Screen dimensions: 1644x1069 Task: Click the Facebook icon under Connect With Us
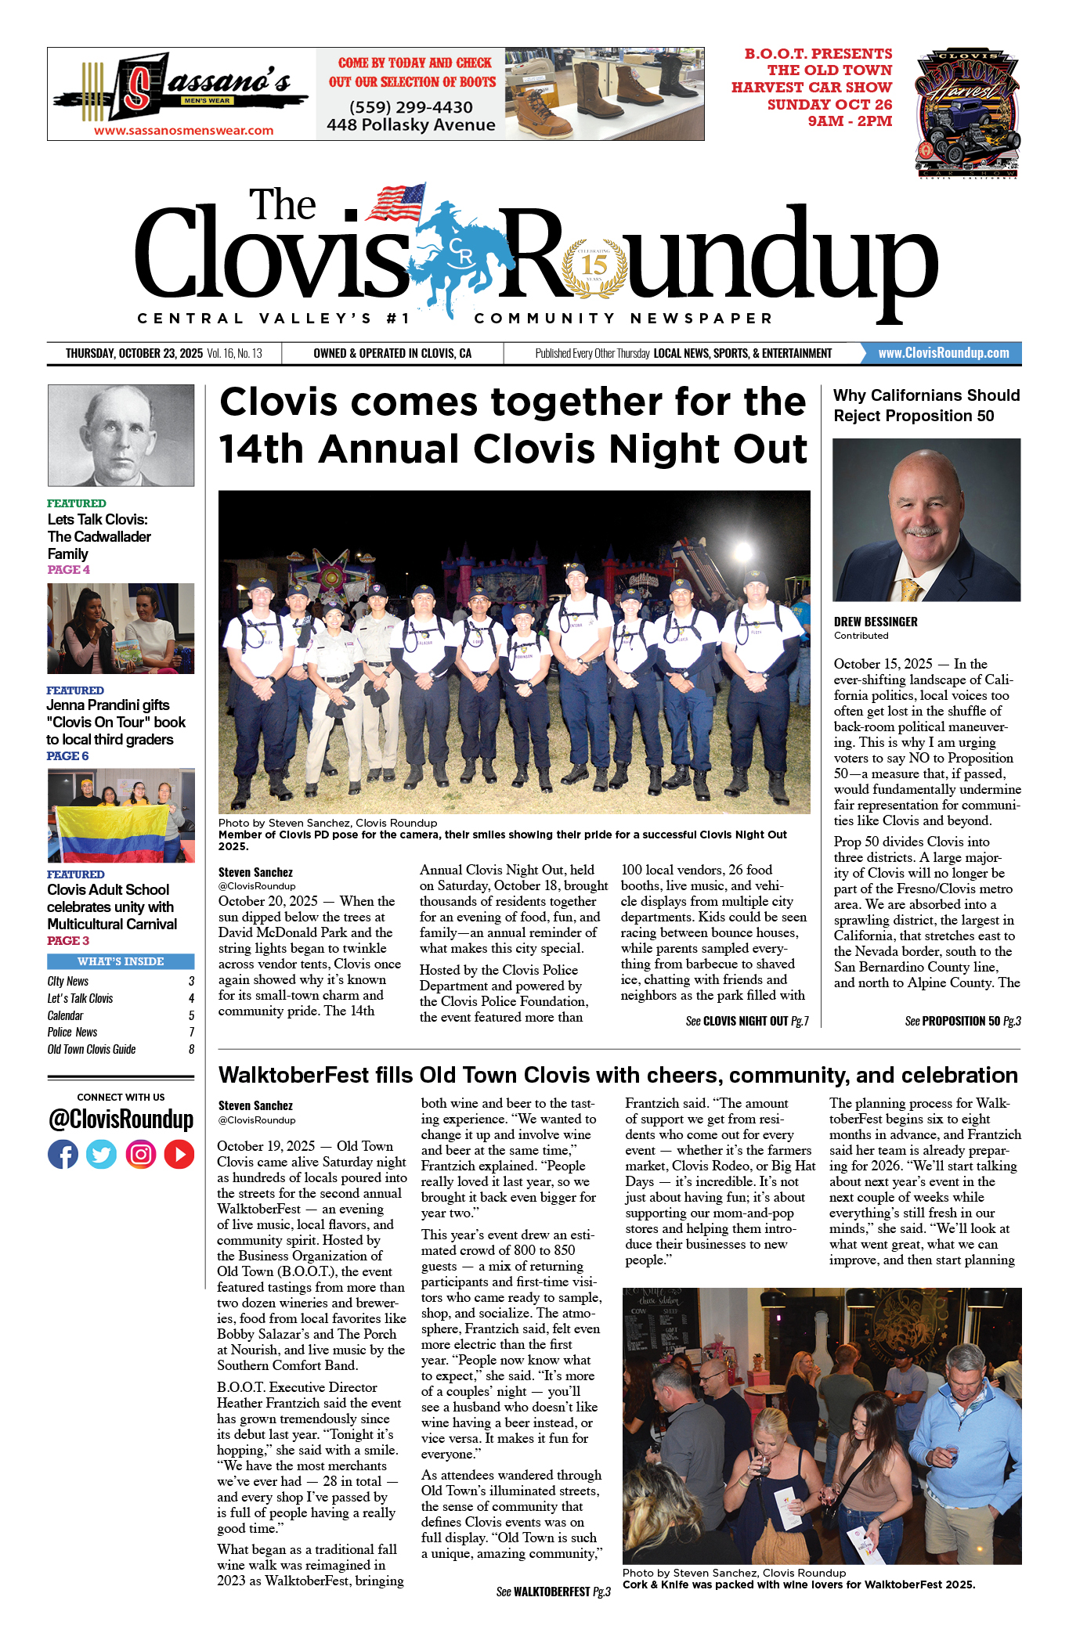(63, 1155)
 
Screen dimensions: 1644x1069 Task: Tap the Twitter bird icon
(101, 1155)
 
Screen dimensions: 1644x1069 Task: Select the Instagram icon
(141, 1155)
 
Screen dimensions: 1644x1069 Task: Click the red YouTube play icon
(179, 1155)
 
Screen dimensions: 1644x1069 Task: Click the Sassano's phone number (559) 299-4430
(410, 107)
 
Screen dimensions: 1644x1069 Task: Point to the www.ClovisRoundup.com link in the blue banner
(943, 353)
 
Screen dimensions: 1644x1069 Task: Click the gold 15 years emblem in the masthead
(594, 266)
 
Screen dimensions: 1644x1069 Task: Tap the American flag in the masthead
(397, 202)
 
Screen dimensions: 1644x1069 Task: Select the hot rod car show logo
(967, 114)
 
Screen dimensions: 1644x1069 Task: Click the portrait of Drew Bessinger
(926, 520)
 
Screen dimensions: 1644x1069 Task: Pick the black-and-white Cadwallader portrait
(121, 435)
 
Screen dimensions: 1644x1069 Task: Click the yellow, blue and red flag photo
(121, 816)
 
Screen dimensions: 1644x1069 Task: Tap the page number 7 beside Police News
(191, 1033)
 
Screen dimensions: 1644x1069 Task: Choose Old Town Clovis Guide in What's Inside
(92, 1050)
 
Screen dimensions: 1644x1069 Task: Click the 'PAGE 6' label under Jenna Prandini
(67, 756)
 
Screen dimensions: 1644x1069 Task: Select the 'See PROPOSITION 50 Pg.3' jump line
(962, 1021)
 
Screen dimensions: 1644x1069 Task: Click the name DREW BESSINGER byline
(876, 622)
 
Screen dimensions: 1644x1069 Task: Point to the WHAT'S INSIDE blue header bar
(121, 961)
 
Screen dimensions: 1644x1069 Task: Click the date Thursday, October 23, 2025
(134, 354)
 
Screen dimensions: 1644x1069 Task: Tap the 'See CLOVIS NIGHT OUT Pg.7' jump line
(746, 1021)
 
